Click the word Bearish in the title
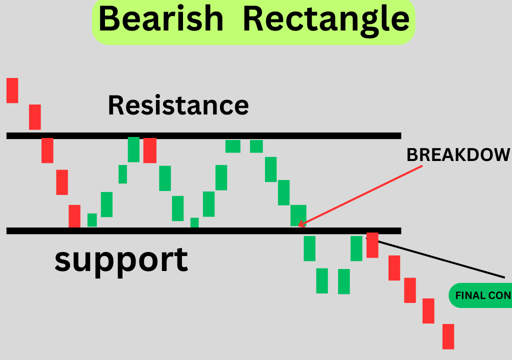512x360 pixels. click(x=160, y=19)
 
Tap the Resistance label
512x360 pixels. click(x=178, y=105)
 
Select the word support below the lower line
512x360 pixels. click(x=121, y=259)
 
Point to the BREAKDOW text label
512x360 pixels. click(x=458, y=155)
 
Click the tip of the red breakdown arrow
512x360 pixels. click(x=299, y=225)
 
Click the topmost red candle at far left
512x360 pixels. click(x=12, y=90)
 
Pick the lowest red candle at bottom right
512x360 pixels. click(x=448, y=336)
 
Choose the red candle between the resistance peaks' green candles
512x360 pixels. click(x=150, y=150)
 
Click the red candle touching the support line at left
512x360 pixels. click(x=74, y=216)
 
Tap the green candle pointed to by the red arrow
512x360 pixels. click(x=298, y=215)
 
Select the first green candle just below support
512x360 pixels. click(x=309, y=248)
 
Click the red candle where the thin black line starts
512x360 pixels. click(x=372, y=245)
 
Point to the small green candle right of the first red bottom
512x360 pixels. click(x=92, y=220)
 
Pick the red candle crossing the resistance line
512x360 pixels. click(x=47, y=149)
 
